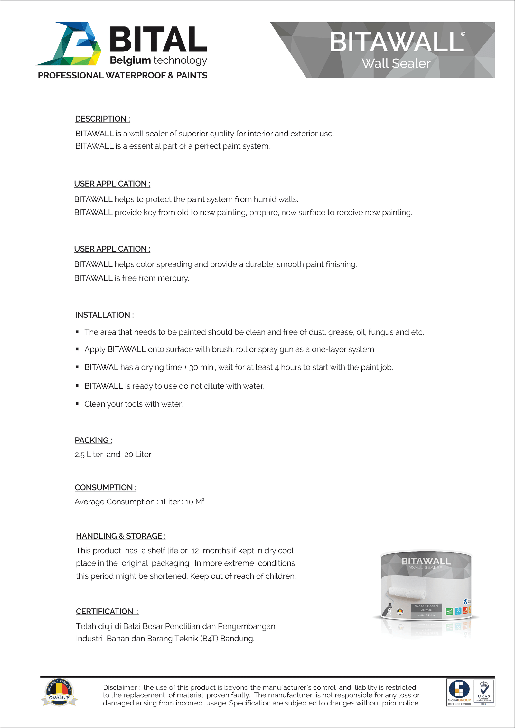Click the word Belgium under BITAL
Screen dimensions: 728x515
point(130,60)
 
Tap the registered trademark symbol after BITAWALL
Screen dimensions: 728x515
point(463,34)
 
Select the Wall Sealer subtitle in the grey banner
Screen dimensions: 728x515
point(396,63)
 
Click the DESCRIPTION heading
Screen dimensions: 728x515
point(102,119)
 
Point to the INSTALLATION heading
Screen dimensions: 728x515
point(104,315)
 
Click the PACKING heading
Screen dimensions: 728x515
point(93,440)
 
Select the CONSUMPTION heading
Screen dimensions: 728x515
point(105,487)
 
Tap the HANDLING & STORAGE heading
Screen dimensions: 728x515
point(120,536)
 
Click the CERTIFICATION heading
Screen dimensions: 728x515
point(107,611)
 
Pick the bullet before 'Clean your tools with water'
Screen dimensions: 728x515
point(77,404)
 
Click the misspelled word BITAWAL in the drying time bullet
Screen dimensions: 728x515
point(101,367)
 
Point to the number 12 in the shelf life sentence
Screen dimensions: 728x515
point(195,551)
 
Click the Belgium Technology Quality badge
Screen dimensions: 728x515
point(60,692)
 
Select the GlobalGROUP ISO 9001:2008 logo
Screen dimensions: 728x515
point(459,692)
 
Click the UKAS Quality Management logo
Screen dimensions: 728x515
point(484,692)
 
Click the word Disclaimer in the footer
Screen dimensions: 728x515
point(120,687)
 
